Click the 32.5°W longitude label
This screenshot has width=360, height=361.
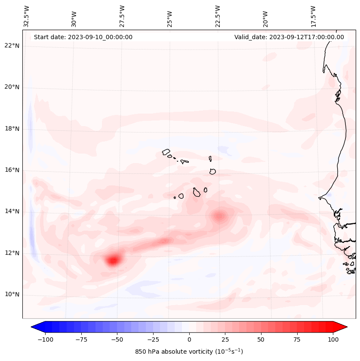coord(27,16)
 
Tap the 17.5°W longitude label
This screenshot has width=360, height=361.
coord(313,16)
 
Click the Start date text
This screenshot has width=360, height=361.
coord(83,37)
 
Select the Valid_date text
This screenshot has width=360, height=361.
coord(289,37)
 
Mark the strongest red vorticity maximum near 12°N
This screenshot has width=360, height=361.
coord(113,260)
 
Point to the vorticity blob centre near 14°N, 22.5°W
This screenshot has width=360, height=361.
coord(220,216)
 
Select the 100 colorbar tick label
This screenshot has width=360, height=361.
coord(333,339)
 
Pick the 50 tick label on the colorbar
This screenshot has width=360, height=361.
coord(261,339)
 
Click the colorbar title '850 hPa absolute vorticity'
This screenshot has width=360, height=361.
coord(189,352)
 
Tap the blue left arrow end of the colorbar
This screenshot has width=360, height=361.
coord(37,327)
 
